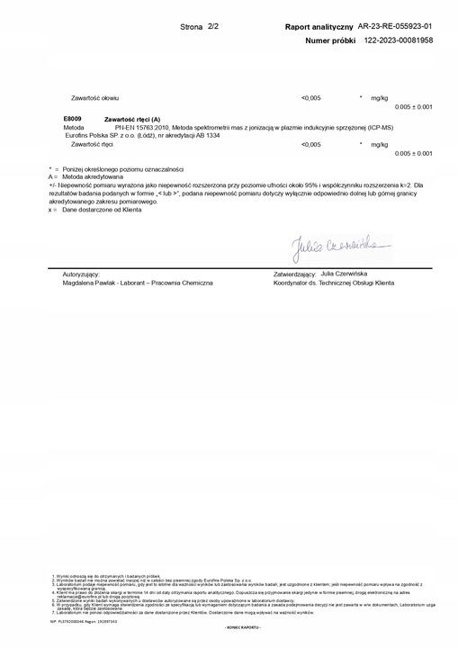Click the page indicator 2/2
tap(213, 28)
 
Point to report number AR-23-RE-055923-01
tap(395, 28)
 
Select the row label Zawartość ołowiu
tap(94, 96)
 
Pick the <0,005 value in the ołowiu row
tap(310, 96)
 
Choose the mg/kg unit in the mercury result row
tap(380, 144)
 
